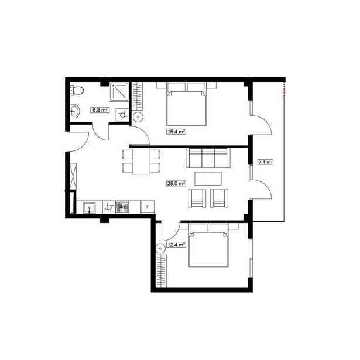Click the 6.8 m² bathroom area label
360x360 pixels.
tap(100, 110)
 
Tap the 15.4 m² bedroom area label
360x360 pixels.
tap(176, 132)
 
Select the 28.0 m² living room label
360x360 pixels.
tap(176, 183)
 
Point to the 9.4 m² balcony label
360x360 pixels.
tap(265, 162)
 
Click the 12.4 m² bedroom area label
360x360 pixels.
tap(176, 245)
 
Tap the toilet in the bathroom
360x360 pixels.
tap(77, 90)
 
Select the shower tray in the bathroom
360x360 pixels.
tap(119, 91)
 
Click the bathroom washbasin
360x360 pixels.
tap(74, 111)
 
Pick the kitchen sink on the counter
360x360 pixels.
tap(89, 208)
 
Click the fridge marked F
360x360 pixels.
tap(148, 207)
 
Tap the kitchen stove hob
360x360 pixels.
tap(122, 207)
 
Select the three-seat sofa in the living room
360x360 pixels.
tap(208, 157)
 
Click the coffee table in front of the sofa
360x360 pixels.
tap(208, 179)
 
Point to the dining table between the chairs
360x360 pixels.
tap(141, 161)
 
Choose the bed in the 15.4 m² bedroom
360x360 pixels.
tap(186, 104)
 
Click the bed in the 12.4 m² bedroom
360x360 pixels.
tap(208, 245)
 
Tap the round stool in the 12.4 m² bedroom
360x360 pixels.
tap(160, 248)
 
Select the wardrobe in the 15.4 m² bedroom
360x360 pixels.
tap(138, 96)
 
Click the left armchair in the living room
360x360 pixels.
tap(197, 198)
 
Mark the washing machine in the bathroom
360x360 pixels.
tap(122, 115)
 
